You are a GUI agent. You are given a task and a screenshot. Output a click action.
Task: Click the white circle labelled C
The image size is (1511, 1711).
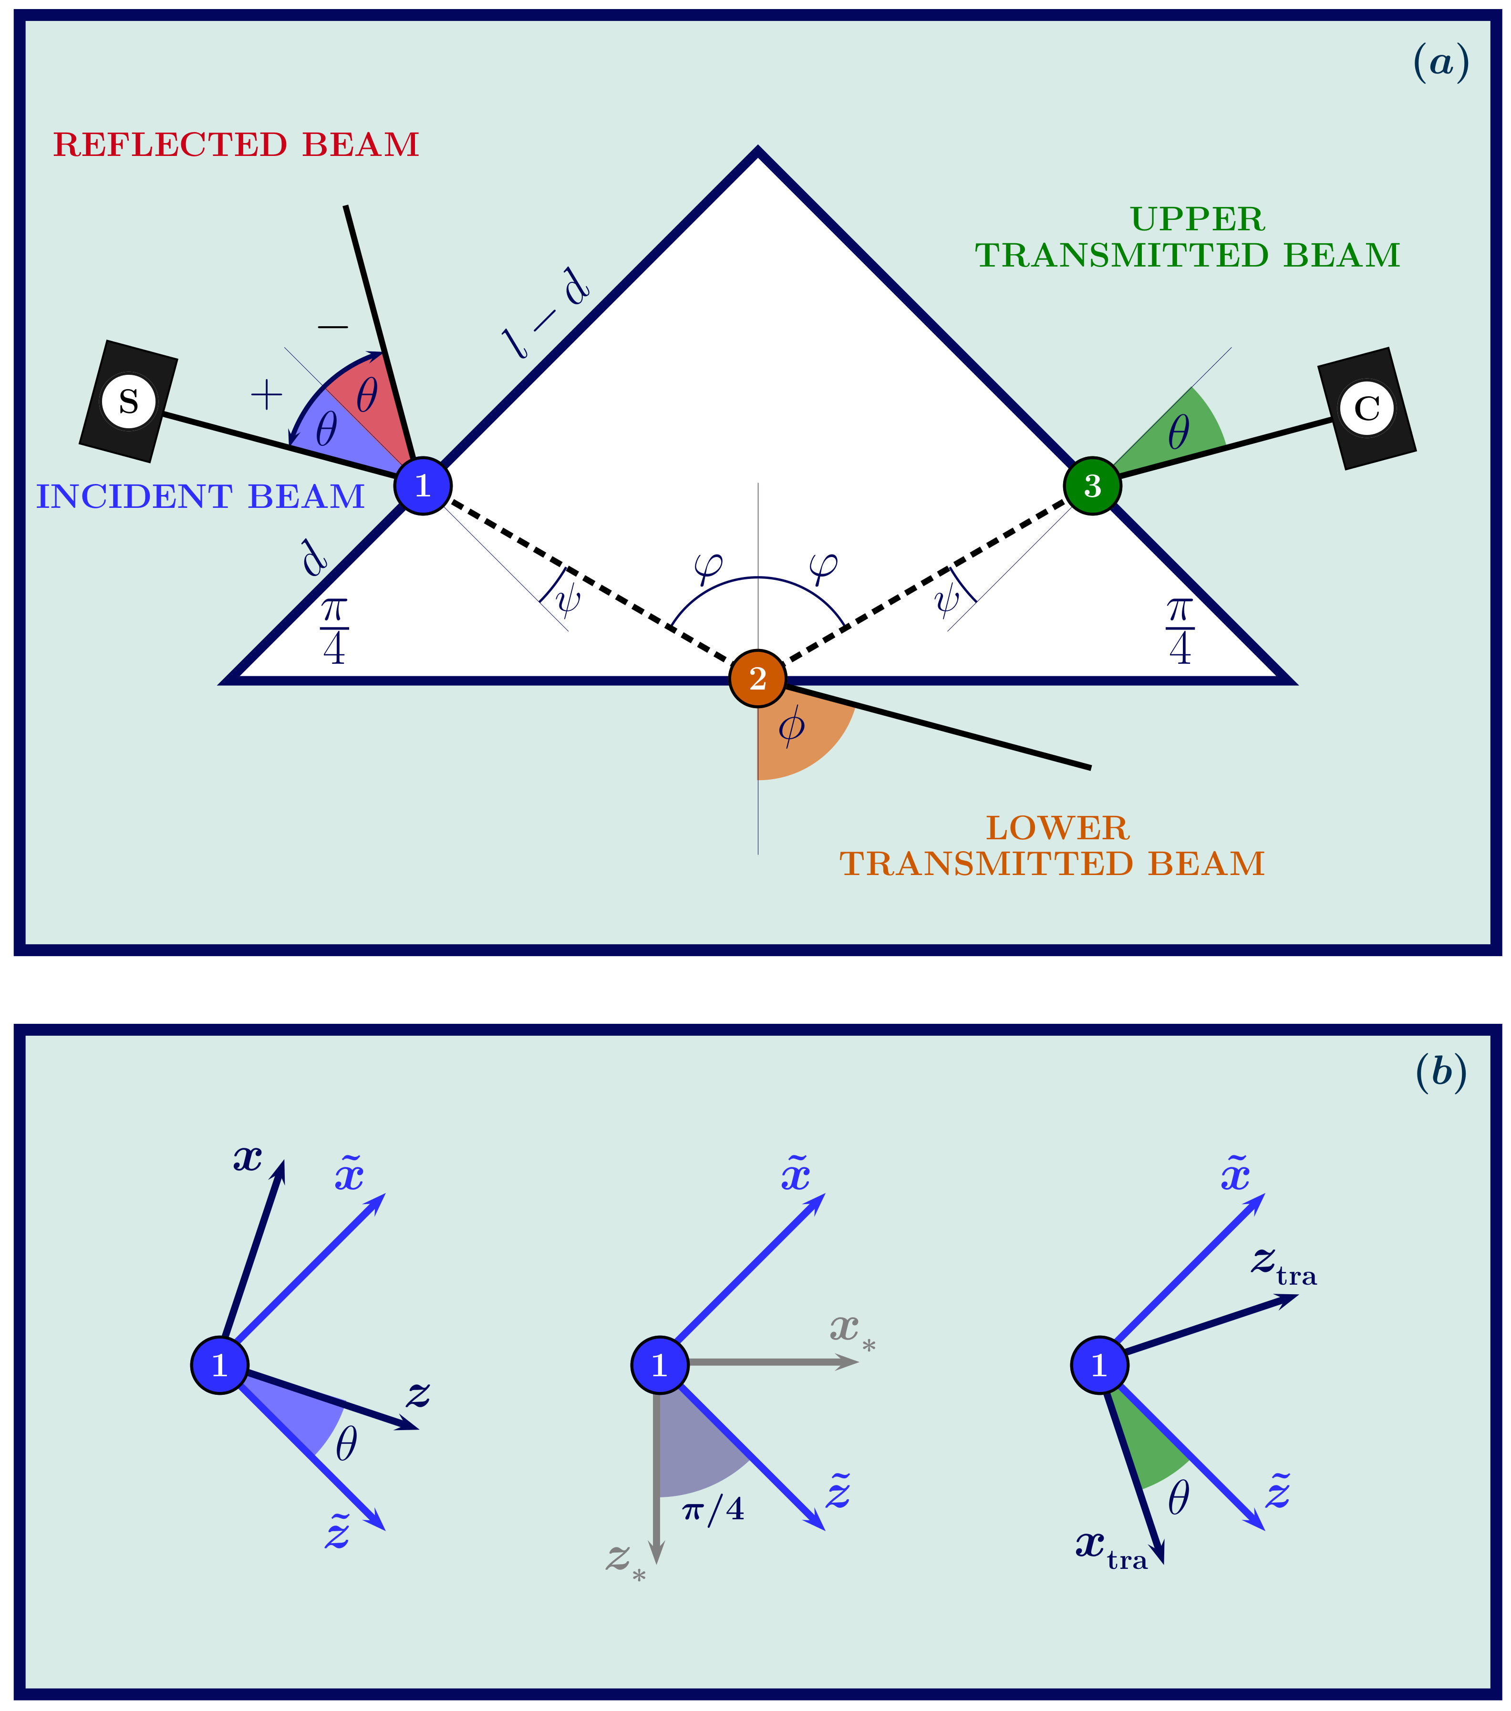(x=1367, y=409)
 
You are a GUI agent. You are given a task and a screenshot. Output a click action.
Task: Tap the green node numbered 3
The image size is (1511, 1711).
(x=1092, y=485)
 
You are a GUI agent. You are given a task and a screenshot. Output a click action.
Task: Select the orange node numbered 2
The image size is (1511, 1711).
(x=757, y=678)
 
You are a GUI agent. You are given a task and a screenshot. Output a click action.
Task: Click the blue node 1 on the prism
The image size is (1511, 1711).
(x=423, y=485)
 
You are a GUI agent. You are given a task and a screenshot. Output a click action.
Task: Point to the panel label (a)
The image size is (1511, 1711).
(x=1441, y=63)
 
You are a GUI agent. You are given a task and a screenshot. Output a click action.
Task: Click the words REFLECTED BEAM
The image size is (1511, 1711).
(x=236, y=145)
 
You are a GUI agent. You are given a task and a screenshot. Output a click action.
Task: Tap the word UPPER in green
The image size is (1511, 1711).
(x=1197, y=219)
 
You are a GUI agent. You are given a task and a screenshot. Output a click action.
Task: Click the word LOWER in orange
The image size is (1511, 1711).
(x=1057, y=829)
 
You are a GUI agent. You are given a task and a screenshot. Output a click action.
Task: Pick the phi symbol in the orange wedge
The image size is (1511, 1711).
(x=791, y=727)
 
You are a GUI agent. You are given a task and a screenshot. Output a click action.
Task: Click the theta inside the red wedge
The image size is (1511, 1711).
(x=367, y=395)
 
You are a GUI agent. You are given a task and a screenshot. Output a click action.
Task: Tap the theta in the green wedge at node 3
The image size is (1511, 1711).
(x=1179, y=433)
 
